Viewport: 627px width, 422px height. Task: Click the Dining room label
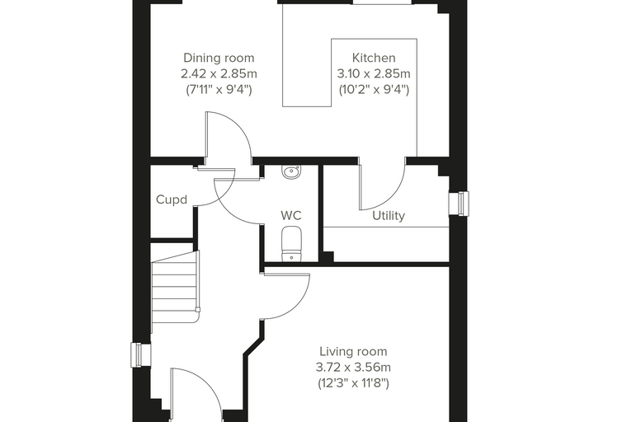coord(219,58)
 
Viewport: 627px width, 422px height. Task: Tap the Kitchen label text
coord(374,58)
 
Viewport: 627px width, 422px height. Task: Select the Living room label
coord(353,352)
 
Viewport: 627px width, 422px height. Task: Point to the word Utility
coord(389,216)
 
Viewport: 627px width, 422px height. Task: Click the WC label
coord(291,215)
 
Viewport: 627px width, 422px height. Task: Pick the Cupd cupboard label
coord(172,199)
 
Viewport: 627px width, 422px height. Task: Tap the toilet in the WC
coord(291,244)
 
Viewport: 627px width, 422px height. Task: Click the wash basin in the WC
coord(292,172)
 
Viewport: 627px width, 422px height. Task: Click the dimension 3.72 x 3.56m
coord(353,368)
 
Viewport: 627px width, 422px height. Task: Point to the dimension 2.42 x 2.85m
coord(219,74)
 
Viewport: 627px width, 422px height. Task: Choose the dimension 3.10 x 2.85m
coord(374,74)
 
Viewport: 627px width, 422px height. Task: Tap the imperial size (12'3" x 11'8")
coord(353,383)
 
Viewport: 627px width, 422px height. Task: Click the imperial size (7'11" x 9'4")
coord(219,90)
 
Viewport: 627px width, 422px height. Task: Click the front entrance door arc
coord(208,384)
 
